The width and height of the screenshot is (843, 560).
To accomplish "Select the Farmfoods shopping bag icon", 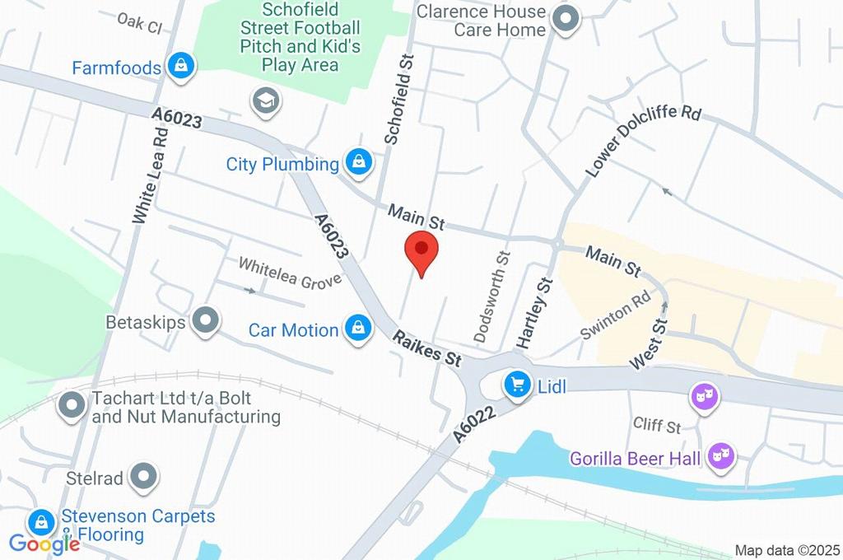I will tap(179, 66).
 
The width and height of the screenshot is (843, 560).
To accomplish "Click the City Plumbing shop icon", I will tap(358, 163).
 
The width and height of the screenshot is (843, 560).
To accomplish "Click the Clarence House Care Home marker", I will tap(566, 19).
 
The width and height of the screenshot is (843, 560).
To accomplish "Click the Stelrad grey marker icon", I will tap(144, 476).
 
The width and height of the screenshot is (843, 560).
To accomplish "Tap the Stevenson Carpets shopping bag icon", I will tap(40, 522).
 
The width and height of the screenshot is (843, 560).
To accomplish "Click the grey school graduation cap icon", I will tap(266, 101).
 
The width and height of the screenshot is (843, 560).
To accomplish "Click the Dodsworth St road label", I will tap(492, 297).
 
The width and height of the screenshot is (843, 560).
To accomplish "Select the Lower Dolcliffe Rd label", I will tap(642, 140).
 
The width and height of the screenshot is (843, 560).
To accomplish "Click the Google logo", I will tap(44, 543).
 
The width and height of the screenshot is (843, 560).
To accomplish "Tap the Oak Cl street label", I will tap(139, 22).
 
